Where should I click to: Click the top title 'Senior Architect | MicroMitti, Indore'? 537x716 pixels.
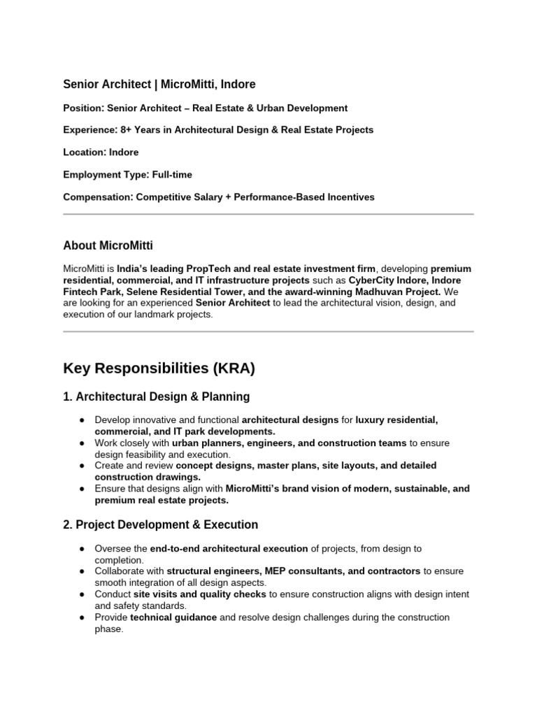tap(159, 85)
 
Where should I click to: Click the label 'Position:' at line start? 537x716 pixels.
tap(83, 108)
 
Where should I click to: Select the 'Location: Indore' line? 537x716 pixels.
tap(101, 152)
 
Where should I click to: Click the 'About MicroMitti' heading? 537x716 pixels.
tap(108, 245)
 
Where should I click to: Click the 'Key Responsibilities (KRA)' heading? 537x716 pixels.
tap(159, 368)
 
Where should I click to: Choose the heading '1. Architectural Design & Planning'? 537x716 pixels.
tap(156, 397)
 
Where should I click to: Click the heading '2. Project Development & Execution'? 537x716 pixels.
tap(160, 524)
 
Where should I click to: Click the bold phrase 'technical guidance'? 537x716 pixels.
tap(173, 617)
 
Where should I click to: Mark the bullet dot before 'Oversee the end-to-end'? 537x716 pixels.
tap(82, 549)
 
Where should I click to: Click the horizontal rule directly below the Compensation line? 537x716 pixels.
tap(268, 214)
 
